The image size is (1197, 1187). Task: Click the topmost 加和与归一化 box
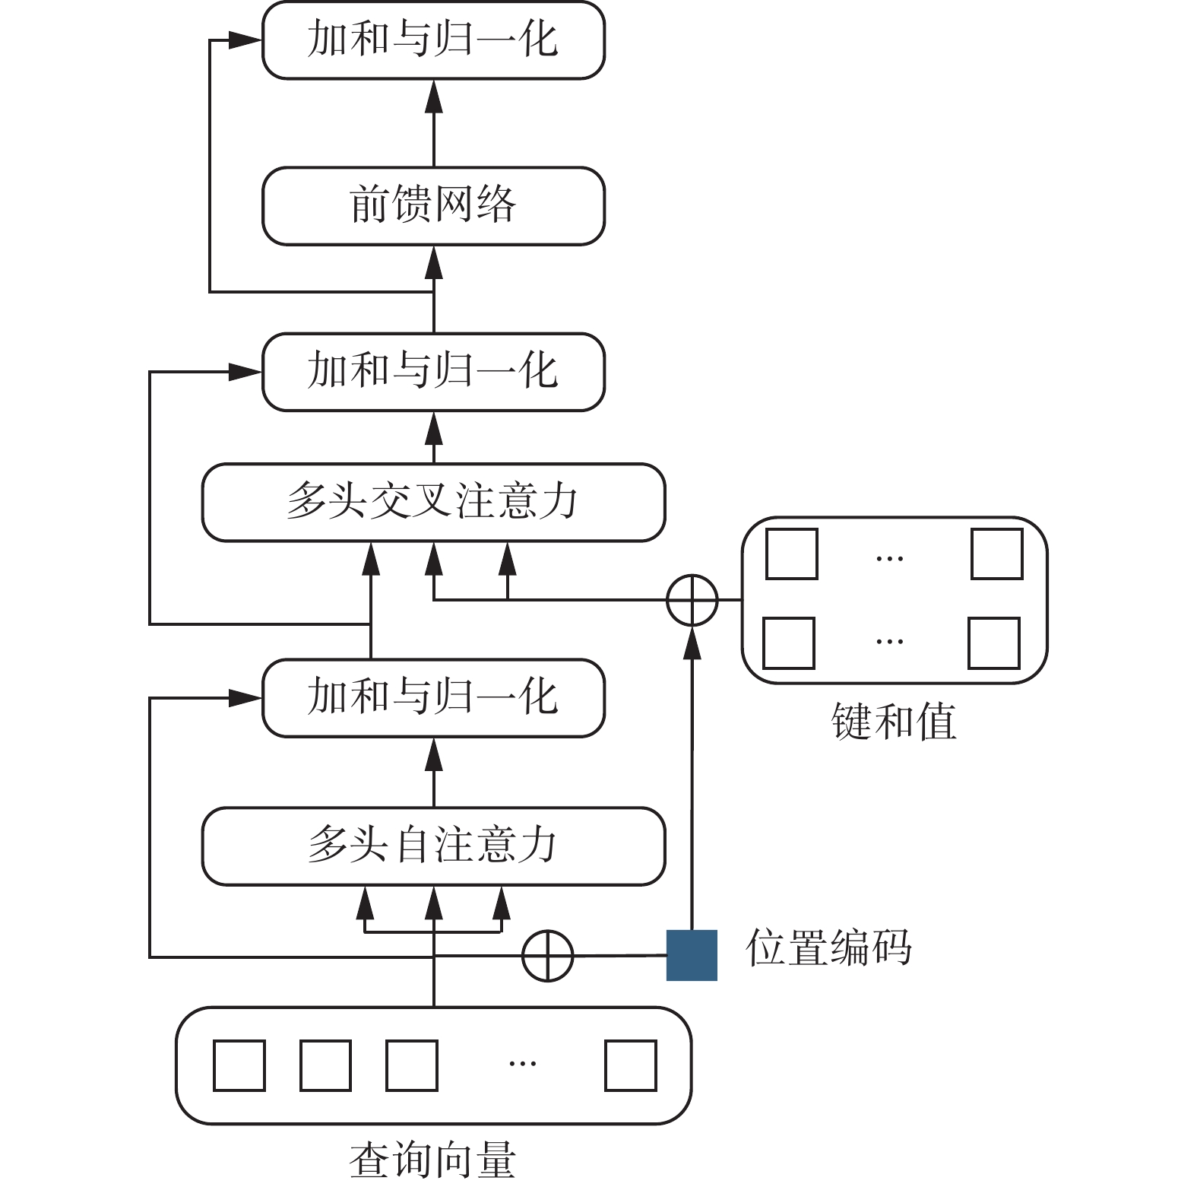tap(433, 40)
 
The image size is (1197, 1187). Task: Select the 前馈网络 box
tap(433, 205)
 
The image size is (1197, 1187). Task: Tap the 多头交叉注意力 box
tap(433, 502)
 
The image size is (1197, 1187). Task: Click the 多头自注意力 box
tap(433, 846)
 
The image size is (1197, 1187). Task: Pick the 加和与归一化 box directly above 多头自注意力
tap(433, 697)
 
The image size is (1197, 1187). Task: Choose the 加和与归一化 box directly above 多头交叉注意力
tap(433, 371)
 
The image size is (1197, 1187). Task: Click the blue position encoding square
tap(692, 955)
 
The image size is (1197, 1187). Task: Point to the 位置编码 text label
tap(828, 947)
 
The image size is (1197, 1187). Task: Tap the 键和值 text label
tap(894, 721)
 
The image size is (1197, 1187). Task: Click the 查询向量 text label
tap(433, 1160)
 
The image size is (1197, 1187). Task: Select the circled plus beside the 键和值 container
tap(692, 600)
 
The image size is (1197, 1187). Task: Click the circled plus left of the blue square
tap(547, 955)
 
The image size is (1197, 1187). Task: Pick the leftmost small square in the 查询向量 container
tap(239, 1065)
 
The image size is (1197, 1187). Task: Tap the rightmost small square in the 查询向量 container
tap(631, 1065)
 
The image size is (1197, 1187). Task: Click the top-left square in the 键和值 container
tap(791, 554)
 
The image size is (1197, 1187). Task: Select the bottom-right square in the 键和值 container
tap(994, 643)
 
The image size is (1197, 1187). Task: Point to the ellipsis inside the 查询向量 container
tap(522, 1063)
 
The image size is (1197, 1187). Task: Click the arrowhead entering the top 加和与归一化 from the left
tap(245, 40)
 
